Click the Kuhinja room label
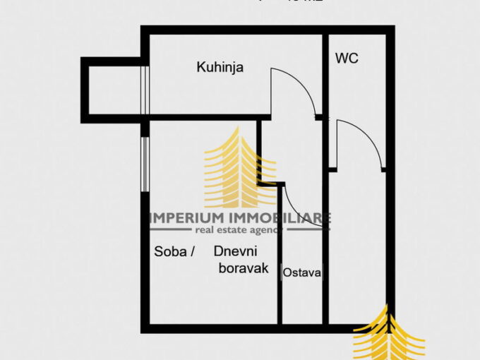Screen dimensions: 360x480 [220, 68]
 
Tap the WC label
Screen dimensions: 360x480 [347, 59]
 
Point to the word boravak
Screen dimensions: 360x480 [244, 268]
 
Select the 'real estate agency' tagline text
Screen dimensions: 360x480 [239, 230]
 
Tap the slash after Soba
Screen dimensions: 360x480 [191, 252]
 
